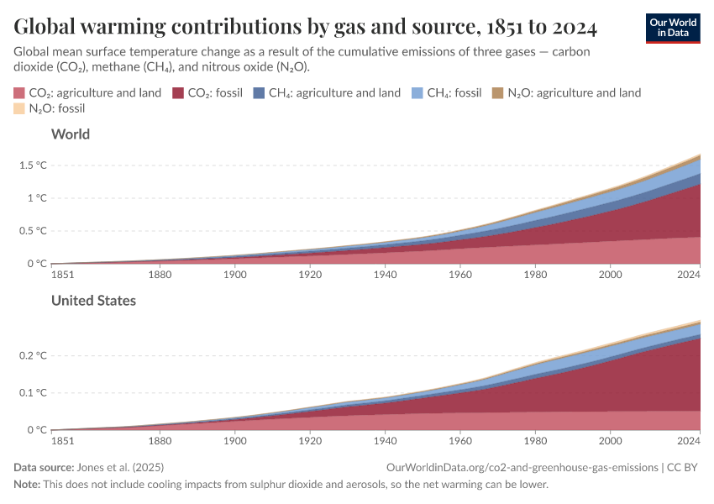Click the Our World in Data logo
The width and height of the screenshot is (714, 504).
point(672,28)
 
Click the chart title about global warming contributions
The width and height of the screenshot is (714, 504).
point(306,28)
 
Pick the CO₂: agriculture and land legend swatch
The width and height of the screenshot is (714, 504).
point(20,93)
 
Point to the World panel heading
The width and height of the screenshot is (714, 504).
point(71,134)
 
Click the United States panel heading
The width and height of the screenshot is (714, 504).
point(93,300)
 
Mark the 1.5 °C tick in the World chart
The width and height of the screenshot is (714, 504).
point(34,165)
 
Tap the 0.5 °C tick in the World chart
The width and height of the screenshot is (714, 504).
point(34,231)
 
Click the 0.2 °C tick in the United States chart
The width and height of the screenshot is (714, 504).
point(34,355)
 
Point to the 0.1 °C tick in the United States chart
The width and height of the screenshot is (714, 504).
point(34,392)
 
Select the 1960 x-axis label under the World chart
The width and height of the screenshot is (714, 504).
point(460,274)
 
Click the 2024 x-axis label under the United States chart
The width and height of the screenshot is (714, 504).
point(688,440)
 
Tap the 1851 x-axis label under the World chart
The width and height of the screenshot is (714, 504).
point(62,274)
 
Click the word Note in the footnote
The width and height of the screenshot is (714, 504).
point(28,485)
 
